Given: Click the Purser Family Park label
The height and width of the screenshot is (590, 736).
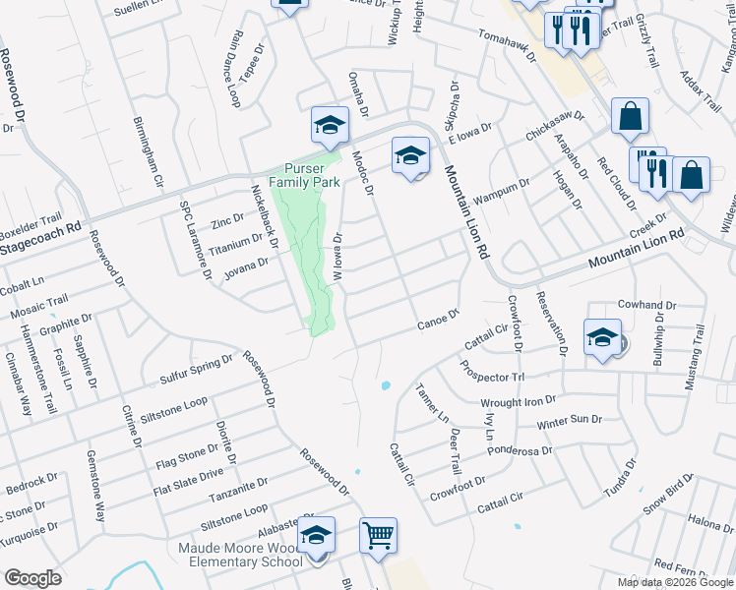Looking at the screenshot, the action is (312, 175).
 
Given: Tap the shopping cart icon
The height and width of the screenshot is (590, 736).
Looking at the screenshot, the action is (378, 537).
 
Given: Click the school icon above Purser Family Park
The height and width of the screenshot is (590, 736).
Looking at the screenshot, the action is (331, 126).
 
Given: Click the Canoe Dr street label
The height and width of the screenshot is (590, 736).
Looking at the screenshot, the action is (439, 318).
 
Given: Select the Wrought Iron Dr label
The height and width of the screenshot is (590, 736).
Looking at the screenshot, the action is (518, 401).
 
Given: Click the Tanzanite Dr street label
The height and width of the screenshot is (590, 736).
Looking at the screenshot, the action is (235, 486).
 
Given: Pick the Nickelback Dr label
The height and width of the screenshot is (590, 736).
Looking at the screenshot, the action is (265, 217).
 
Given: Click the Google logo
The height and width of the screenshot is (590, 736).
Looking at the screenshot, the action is (33, 578).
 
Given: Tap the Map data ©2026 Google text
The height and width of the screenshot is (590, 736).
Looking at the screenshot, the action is (675, 582).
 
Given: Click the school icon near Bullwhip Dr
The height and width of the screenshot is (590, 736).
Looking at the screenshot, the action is (602, 337).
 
